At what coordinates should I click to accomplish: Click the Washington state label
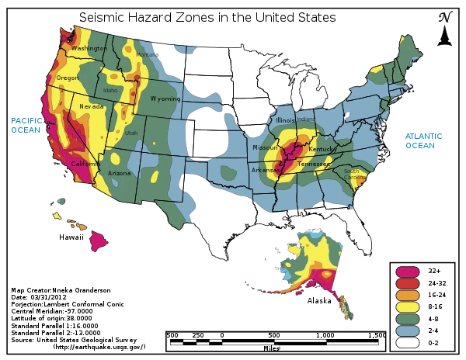tap(89, 48)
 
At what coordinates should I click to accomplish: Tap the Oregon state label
tap(67, 78)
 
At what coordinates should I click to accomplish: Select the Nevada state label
tap(91, 106)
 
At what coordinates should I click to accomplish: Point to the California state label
tap(85, 164)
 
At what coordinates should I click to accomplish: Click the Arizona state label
tap(120, 172)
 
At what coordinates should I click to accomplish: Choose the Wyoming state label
tap(165, 99)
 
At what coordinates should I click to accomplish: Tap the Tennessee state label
tap(313, 164)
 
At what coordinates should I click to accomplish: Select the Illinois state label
tap(286, 121)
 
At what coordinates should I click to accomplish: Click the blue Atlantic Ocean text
tap(423, 140)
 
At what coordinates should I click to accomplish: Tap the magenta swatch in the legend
tap(408, 272)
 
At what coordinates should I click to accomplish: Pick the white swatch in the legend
tap(408, 341)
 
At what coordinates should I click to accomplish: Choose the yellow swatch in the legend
tap(408, 306)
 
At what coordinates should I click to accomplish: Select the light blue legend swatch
tap(408, 329)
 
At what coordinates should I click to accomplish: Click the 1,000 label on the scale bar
tap(325, 334)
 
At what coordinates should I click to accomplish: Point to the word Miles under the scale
tap(271, 348)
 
